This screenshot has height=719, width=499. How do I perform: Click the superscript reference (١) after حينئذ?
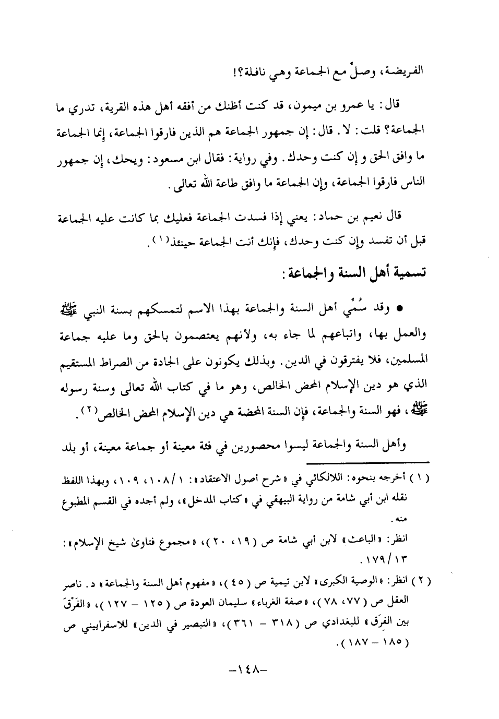tap(160, 239)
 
